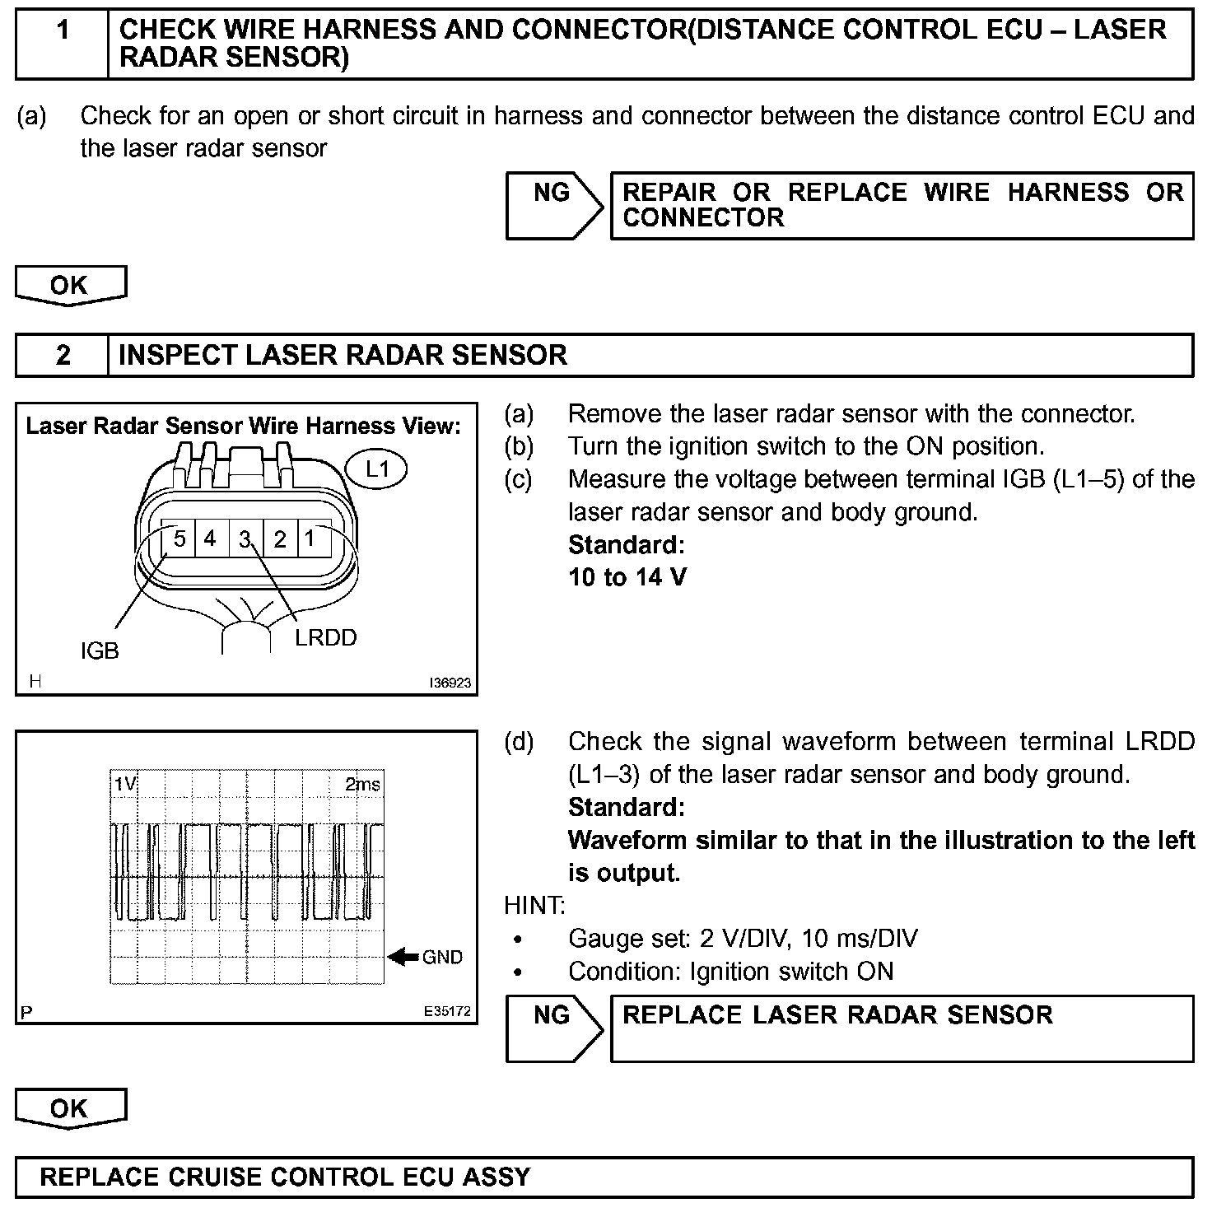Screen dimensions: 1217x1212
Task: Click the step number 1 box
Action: click(63, 44)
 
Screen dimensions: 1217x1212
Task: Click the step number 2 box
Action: click(63, 356)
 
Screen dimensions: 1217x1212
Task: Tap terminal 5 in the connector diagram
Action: click(179, 539)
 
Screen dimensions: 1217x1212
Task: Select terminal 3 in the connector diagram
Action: click(245, 539)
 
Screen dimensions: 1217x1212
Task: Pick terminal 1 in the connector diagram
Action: click(310, 539)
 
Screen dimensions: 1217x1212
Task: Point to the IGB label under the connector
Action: click(100, 651)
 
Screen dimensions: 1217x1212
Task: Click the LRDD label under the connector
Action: click(326, 638)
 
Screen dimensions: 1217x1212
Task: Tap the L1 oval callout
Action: click(376, 469)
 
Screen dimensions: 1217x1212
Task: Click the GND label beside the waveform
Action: click(442, 958)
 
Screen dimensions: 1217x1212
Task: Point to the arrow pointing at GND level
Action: click(403, 957)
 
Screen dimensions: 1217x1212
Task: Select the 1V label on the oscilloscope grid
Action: click(125, 784)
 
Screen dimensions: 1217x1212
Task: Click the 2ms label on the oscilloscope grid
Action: click(362, 784)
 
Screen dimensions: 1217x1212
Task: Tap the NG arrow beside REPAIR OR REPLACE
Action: click(553, 205)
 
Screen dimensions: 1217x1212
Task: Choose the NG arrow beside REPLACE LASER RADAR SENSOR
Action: click(553, 1028)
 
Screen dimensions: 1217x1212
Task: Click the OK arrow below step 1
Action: click(70, 286)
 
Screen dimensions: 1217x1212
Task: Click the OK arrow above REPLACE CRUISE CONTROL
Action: click(70, 1108)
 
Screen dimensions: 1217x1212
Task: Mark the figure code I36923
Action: click(450, 683)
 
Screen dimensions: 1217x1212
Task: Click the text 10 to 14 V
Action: click(627, 577)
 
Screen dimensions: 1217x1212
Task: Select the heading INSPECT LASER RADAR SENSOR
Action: click(343, 356)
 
